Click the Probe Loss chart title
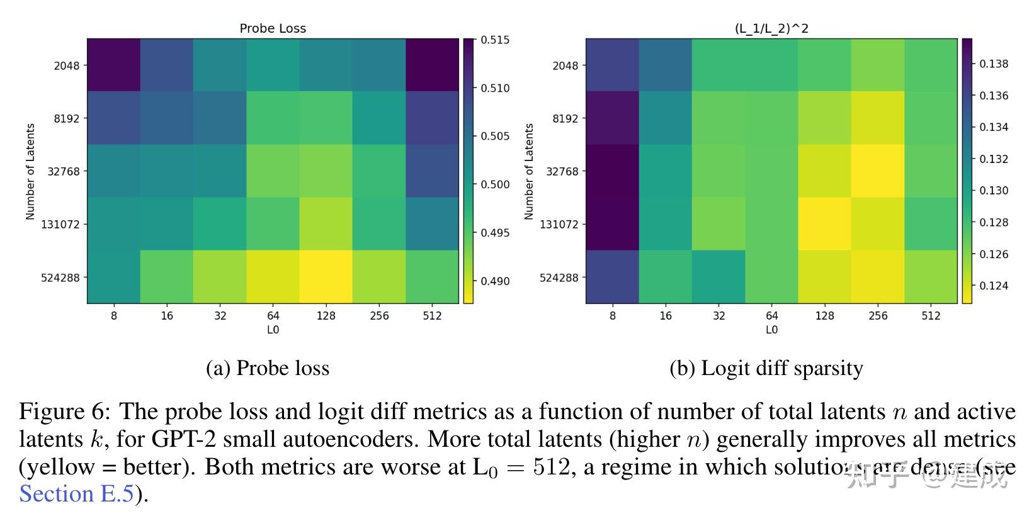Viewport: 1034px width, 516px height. point(273,28)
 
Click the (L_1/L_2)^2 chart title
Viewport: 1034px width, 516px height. point(771,28)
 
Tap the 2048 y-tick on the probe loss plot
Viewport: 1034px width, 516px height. point(66,65)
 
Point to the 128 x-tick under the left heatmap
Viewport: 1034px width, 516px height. point(326,316)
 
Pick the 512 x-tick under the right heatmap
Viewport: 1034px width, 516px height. point(931,316)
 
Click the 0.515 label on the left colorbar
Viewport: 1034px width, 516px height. point(495,40)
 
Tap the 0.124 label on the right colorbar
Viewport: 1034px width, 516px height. point(994,286)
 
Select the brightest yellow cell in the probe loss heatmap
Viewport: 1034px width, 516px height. point(326,277)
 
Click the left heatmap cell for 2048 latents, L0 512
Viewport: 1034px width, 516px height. point(432,65)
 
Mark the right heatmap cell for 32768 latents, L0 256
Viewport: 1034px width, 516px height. point(878,171)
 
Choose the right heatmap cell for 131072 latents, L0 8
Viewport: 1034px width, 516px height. point(613,224)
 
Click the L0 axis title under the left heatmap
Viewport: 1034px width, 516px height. point(273,330)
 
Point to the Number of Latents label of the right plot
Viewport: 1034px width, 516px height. point(529,171)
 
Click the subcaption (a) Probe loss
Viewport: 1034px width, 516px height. point(268,368)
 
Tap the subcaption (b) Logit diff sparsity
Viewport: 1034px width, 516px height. point(766,368)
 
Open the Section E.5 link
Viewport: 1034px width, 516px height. point(76,494)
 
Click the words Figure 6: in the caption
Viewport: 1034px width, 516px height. point(65,412)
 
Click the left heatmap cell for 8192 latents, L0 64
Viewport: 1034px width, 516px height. point(273,118)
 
